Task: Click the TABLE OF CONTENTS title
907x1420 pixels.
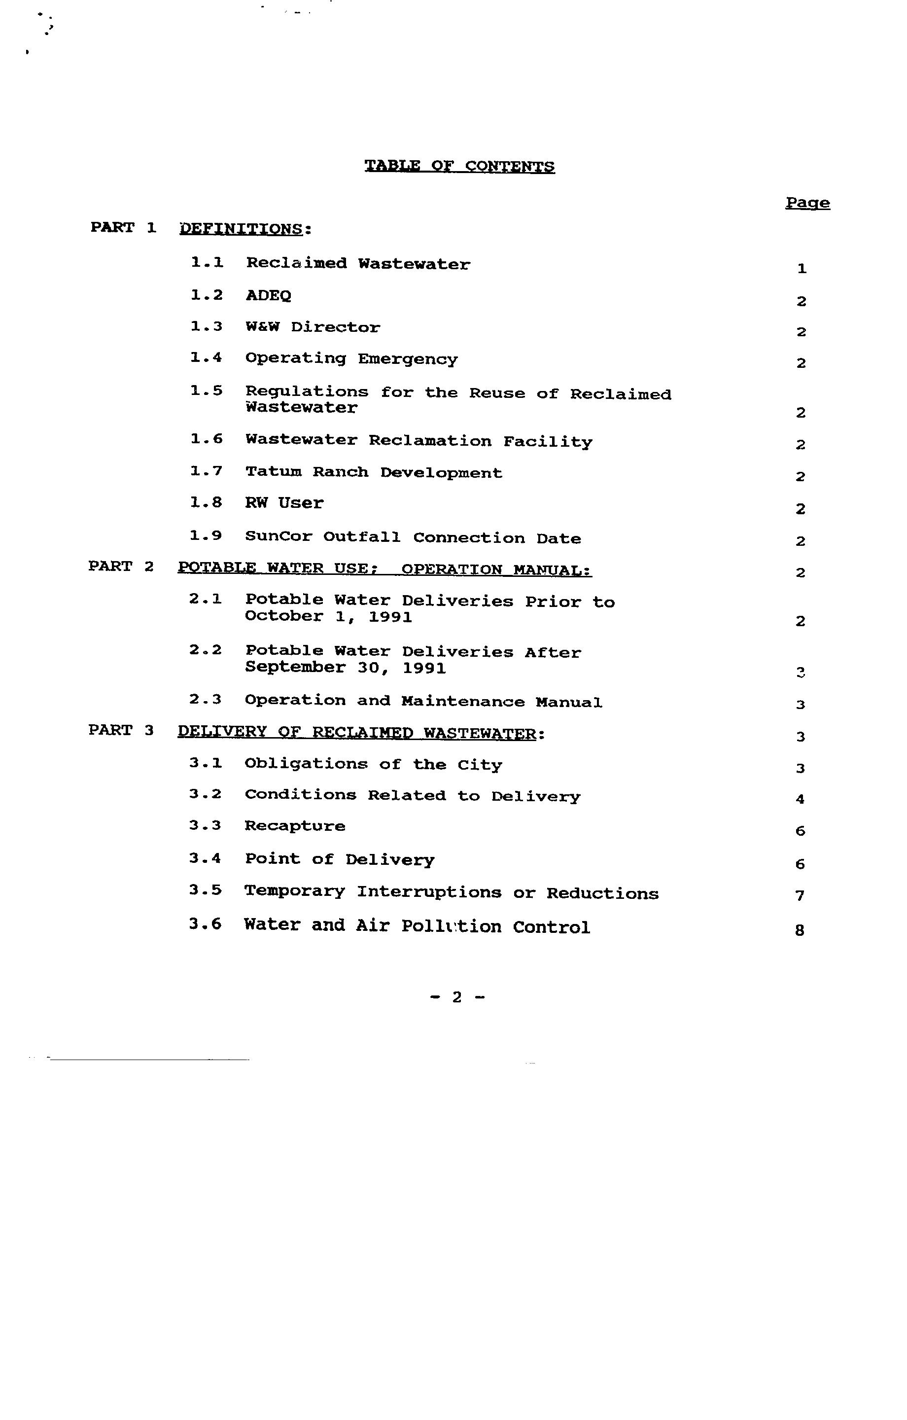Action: (x=459, y=166)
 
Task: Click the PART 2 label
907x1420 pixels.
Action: (x=121, y=567)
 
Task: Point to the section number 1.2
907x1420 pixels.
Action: (x=207, y=295)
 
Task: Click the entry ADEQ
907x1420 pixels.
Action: (x=268, y=295)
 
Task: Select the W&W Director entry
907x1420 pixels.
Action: (x=313, y=327)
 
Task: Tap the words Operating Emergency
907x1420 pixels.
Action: (x=351, y=359)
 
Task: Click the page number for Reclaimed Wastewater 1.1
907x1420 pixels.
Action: (x=802, y=269)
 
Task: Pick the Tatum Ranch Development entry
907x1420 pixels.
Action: (x=374, y=473)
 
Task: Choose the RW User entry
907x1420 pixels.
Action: (x=284, y=503)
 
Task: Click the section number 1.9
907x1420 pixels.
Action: (x=205, y=536)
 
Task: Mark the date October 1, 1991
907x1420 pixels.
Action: (x=328, y=617)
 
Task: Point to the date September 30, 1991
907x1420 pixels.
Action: (x=345, y=668)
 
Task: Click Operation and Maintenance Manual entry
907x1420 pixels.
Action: (x=423, y=702)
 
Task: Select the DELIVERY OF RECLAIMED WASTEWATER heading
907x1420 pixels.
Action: (x=357, y=733)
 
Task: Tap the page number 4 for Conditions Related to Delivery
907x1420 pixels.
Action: (x=800, y=800)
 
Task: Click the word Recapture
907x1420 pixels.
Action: (x=295, y=826)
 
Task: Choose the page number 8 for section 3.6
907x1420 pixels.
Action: (x=800, y=930)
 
